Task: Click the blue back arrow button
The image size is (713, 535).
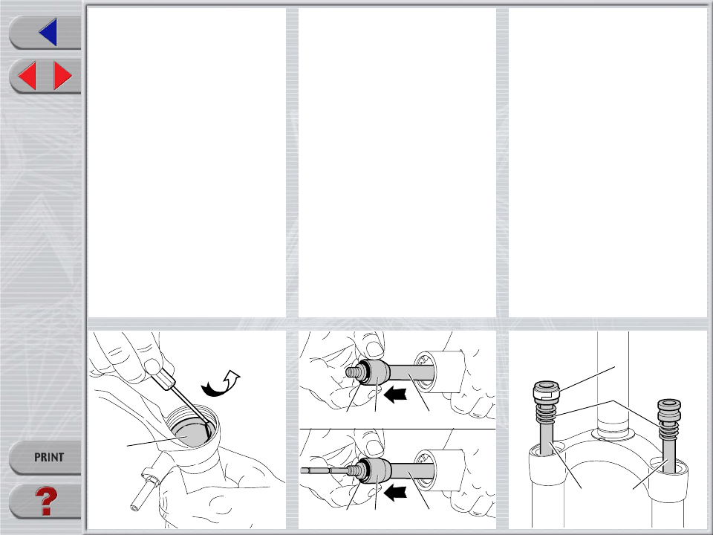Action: (x=48, y=32)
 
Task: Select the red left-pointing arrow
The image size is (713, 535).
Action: (x=27, y=76)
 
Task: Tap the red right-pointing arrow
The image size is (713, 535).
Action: (x=62, y=76)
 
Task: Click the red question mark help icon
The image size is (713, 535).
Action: (x=46, y=501)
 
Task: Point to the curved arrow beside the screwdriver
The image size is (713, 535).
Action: (x=221, y=383)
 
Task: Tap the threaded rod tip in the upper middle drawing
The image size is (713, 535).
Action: (x=352, y=372)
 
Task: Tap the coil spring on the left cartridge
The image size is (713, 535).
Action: (x=546, y=414)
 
